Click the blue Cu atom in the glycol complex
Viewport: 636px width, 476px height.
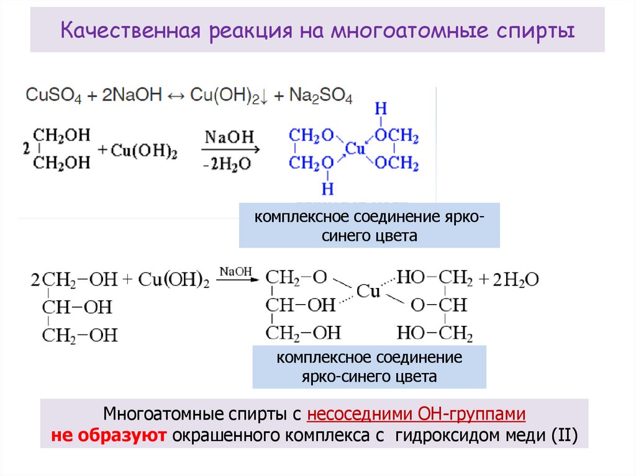click(x=355, y=148)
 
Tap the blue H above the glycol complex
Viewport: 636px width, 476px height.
click(x=381, y=109)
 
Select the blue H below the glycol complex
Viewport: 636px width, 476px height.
click(x=327, y=187)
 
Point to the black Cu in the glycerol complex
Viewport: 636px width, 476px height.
click(x=367, y=292)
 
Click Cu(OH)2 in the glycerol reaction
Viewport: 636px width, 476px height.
click(x=174, y=280)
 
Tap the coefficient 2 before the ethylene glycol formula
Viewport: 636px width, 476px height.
click(x=25, y=149)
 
